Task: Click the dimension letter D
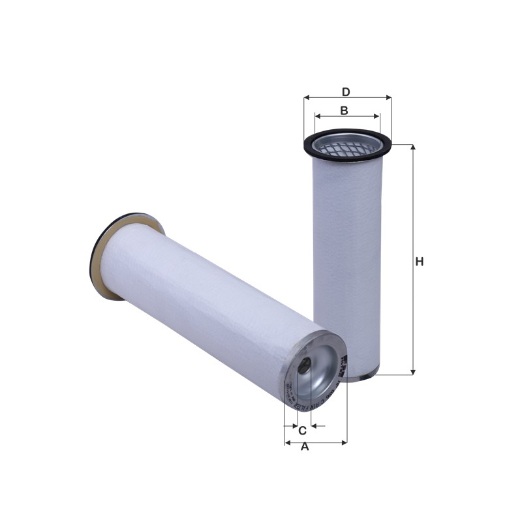pyautogui.click(x=346, y=91)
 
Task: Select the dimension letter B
pyautogui.click(x=344, y=110)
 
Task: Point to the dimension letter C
pyautogui.click(x=302, y=431)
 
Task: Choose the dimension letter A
pyautogui.click(x=304, y=447)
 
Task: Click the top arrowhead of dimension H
pyautogui.click(x=412, y=148)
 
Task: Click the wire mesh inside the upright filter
pyautogui.click(x=346, y=147)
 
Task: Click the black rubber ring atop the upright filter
pyautogui.click(x=347, y=133)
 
